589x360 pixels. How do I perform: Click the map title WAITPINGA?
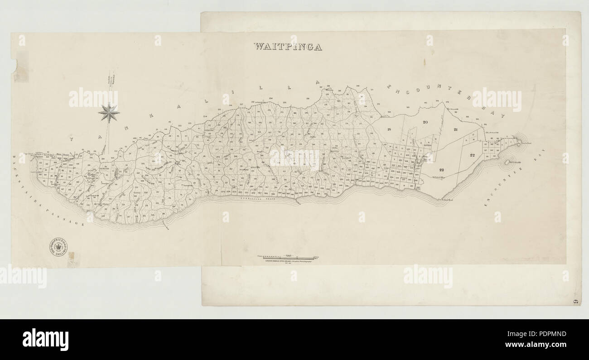coord(288,46)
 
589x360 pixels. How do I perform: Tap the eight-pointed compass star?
coord(109,112)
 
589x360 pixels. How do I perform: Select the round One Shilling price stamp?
coord(58,246)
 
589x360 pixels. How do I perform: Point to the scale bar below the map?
coord(288,257)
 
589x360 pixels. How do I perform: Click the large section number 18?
coord(389,130)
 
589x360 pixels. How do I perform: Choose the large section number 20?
coord(425,122)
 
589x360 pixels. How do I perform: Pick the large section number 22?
coord(472,155)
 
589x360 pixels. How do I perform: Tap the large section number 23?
coord(442,169)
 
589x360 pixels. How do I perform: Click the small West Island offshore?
coord(507,161)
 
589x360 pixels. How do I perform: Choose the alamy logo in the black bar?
coord(45,340)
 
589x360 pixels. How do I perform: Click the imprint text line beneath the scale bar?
coord(288,261)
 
